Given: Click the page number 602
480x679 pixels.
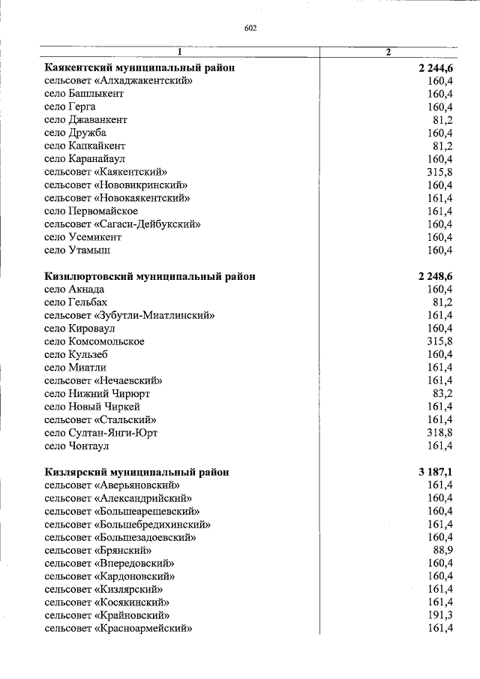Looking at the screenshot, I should pyautogui.click(x=250, y=29).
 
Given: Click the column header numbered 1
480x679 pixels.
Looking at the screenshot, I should pyautogui.click(x=180, y=52).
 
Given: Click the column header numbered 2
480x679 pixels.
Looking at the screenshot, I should pyautogui.click(x=388, y=52).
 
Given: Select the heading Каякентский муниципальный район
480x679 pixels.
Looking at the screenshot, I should pyautogui.click(x=139, y=68).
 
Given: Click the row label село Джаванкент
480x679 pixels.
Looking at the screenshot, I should pyautogui.click(x=85, y=120).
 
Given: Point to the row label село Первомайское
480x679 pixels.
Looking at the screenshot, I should pyautogui.click(x=91, y=211).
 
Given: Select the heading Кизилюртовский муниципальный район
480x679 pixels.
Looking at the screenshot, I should pyautogui.click(x=149, y=276).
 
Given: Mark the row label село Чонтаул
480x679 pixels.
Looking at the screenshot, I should pyautogui.click(x=76, y=446).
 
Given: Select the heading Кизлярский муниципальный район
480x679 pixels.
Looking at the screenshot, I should pyautogui.click(x=136, y=472).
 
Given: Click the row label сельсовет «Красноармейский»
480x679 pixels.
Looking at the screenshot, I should pyautogui.click(x=118, y=629).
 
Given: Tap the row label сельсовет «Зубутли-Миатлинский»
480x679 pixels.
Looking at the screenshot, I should pyautogui.click(x=130, y=315).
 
